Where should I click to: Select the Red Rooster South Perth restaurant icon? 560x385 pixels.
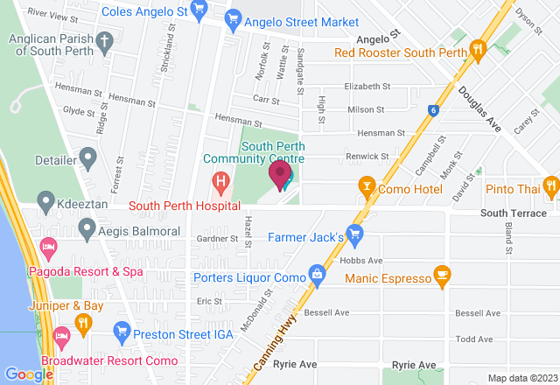pos(478,50)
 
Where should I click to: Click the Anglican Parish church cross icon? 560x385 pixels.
pos(104,40)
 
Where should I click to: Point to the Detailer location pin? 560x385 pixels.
pos(87,158)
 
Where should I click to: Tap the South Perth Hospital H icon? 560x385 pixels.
pos(220,184)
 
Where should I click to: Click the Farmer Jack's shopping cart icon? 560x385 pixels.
pos(354,234)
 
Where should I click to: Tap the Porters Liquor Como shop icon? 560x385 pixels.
pos(317,276)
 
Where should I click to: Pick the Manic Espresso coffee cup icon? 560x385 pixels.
pos(443,276)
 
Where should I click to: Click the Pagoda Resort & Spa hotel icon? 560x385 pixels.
pos(50,248)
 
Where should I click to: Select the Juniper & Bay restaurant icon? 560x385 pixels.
pos(83,324)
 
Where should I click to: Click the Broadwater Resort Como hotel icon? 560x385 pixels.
pos(61,337)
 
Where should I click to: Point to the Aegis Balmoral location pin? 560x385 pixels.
pos(87,230)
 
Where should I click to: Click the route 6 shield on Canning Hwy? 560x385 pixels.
pos(432,110)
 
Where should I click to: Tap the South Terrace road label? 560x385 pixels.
pos(513,213)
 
